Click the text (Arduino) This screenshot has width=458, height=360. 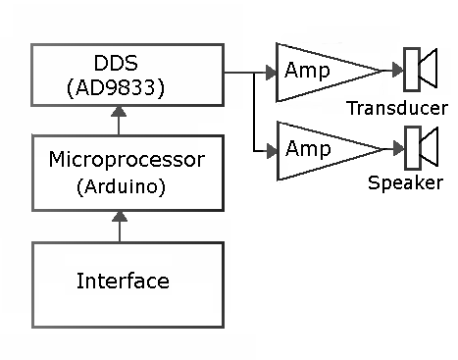(x=121, y=185)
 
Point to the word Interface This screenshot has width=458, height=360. (x=123, y=282)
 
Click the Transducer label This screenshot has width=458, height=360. (x=397, y=108)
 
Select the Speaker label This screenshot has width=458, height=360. (x=405, y=183)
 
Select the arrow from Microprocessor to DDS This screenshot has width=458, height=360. (x=121, y=121)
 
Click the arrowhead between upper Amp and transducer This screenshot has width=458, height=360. (x=397, y=71)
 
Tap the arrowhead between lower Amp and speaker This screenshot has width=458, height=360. (x=397, y=149)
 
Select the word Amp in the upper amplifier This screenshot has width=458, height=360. (x=306, y=71)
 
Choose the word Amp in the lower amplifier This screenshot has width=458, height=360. (x=306, y=149)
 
